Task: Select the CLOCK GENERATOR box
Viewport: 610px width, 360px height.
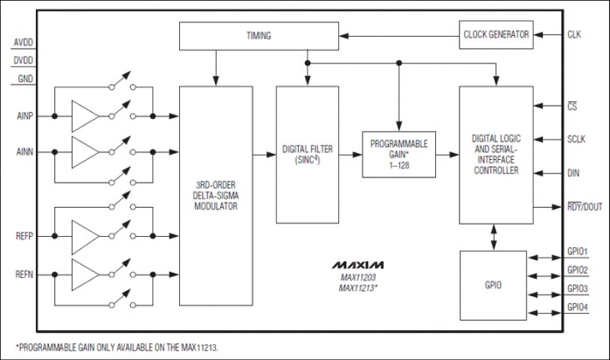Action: [495, 35]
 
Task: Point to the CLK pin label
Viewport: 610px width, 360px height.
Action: [575, 35]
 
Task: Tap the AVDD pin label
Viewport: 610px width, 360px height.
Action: [25, 42]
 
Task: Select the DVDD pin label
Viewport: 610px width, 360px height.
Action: [25, 60]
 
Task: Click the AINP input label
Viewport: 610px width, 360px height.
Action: [24, 116]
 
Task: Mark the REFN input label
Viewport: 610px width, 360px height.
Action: [24, 275]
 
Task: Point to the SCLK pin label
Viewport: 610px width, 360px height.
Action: [577, 139]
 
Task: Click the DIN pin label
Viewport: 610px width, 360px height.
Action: [573, 173]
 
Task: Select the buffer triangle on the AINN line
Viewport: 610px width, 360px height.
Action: [86, 150]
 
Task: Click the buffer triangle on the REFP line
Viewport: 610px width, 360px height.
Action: [86, 236]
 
